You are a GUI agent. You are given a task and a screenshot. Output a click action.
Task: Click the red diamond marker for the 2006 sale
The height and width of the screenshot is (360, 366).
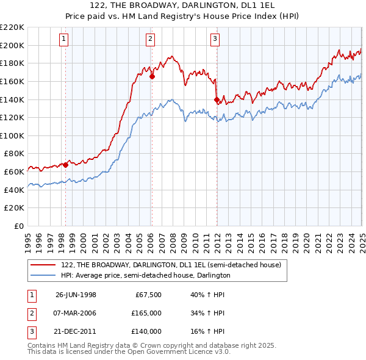coord(152,77)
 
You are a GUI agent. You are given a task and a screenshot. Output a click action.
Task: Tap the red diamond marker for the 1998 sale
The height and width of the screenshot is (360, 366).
coord(66,164)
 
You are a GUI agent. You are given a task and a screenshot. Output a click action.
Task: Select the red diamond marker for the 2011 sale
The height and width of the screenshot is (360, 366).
coord(217,99)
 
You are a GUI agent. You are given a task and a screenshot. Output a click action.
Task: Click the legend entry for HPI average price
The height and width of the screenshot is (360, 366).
coord(145,276)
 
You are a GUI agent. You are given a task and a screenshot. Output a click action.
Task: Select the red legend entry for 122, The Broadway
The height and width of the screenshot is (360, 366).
coord(171,265)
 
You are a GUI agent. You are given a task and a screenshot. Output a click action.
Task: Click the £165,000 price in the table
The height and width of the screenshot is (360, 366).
coord(147,314)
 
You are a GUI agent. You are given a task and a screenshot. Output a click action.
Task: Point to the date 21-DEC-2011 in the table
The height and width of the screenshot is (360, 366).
coord(76,331)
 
